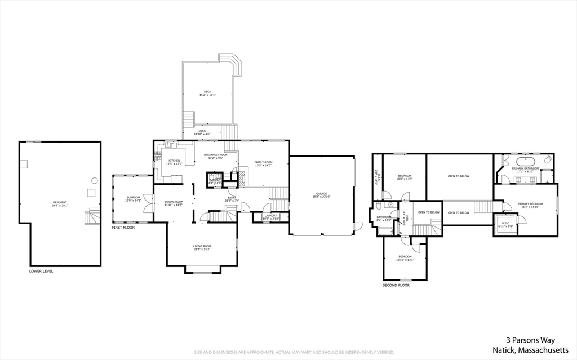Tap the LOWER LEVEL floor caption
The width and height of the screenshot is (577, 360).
click(41, 271)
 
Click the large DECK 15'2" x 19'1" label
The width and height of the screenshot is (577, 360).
click(207, 93)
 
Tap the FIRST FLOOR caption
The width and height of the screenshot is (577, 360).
click(123, 228)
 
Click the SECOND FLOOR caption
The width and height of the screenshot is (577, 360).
click(396, 285)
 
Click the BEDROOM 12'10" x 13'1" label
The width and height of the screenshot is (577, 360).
click(405, 258)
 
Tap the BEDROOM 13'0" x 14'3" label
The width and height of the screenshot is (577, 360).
click(405, 177)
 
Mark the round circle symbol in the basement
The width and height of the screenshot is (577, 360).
click(94, 180)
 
